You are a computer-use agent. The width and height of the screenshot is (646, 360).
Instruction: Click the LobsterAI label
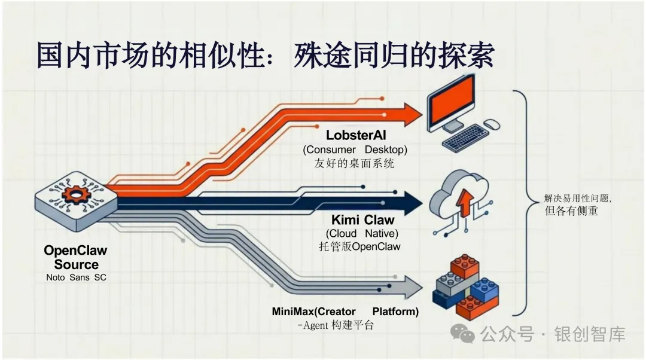[356, 136]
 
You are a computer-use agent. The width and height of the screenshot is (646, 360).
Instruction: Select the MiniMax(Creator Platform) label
[345, 312]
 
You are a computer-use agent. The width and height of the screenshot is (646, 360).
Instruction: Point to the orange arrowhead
[412, 114]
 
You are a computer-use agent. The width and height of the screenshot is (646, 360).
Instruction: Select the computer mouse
[491, 124]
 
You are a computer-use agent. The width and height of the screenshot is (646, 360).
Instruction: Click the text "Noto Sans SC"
[76, 277]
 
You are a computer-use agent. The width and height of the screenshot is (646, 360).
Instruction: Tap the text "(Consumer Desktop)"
[355, 150]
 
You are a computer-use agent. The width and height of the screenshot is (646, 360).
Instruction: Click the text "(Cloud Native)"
[362, 233]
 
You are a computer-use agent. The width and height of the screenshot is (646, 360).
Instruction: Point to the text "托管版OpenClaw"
[360, 246]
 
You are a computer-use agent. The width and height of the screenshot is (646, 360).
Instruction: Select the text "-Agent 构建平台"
[336, 325]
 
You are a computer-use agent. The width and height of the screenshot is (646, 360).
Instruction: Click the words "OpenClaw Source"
[76, 258]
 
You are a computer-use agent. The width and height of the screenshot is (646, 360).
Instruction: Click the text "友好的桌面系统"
[354, 163]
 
